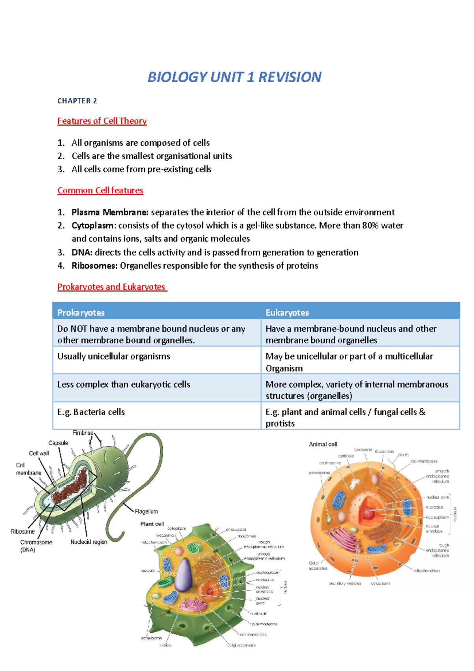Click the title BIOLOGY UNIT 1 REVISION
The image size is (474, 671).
[235, 77]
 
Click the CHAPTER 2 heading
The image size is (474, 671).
[77, 101]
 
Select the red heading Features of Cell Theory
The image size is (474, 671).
[102, 121]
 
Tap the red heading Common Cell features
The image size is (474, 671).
[100, 190]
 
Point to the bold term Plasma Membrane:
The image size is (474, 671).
[110, 213]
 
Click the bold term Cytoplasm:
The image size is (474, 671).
[94, 226]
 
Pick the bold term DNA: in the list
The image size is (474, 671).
[82, 253]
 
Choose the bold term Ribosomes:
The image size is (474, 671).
[94, 266]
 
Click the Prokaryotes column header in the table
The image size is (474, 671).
[81, 313]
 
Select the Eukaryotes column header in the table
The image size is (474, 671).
[287, 313]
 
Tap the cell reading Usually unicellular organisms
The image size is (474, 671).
[114, 356]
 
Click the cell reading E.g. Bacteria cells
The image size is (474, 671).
[91, 412]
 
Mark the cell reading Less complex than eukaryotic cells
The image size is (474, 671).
[124, 385]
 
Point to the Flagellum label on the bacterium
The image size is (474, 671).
[146, 511]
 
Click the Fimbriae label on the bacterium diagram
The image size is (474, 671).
[83, 433]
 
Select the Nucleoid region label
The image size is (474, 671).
[89, 542]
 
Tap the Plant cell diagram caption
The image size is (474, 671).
[152, 524]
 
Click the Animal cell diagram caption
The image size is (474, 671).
[323, 444]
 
